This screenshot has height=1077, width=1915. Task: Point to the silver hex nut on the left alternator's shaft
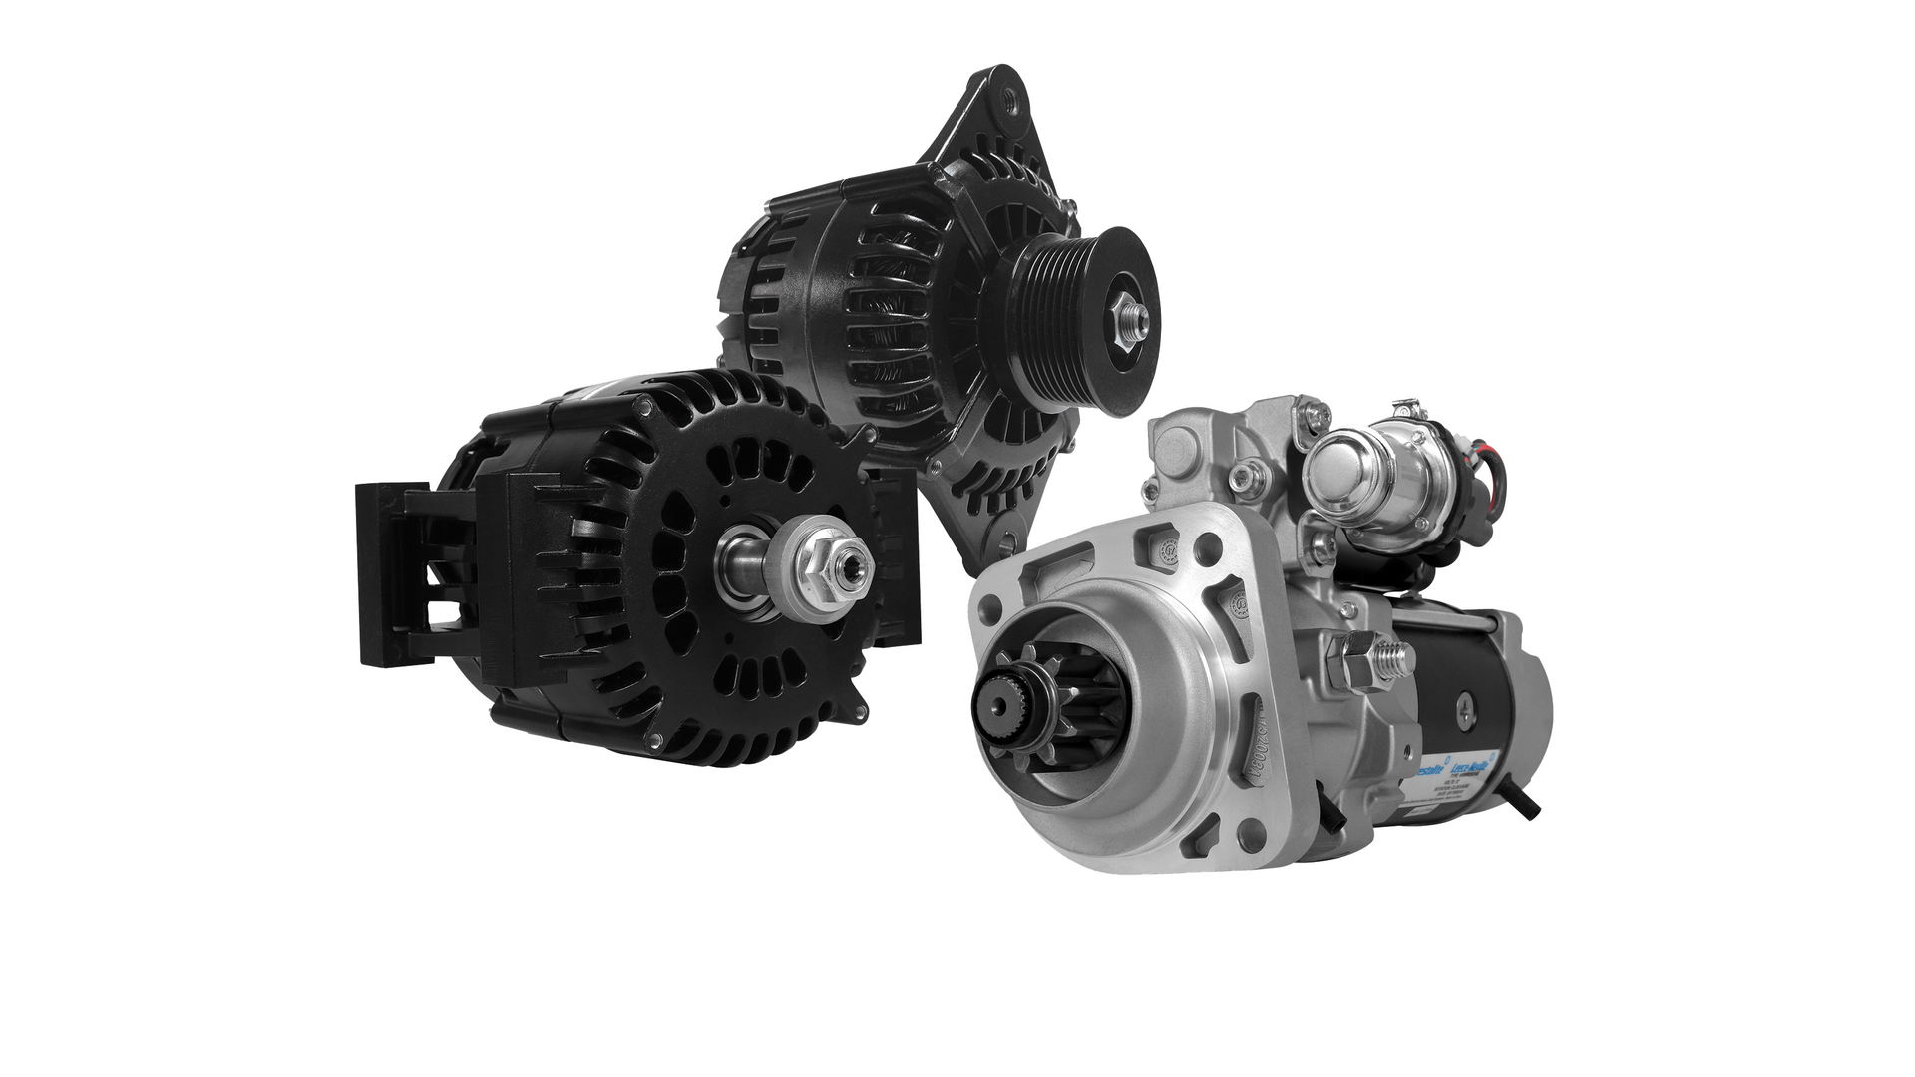pyautogui.click(x=833, y=567)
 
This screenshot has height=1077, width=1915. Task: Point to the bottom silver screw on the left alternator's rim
pyautogui.click(x=655, y=739)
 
